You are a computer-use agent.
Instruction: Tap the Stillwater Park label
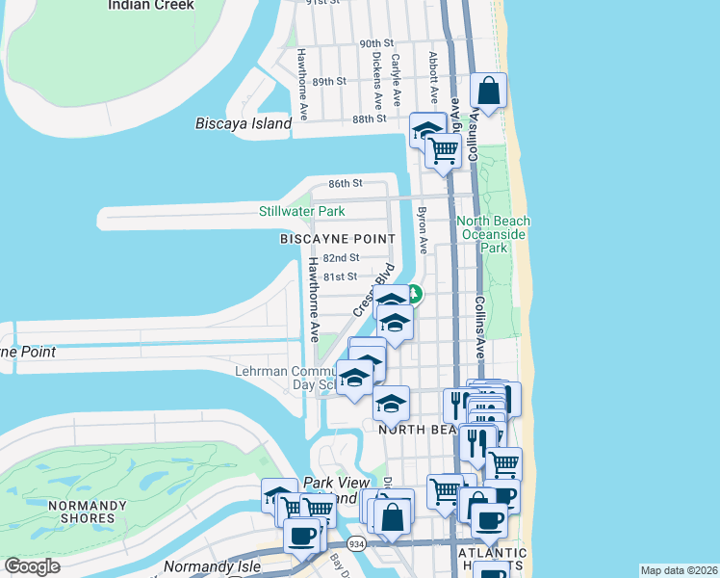pyautogui.click(x=301, y=211)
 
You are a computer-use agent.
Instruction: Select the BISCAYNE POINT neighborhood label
pyautogui.click(x=337, y=238)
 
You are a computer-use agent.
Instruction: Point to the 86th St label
pyautogui.click(x=344, y=183)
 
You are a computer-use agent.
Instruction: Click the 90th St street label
pyautogui.click(x=377, y=44)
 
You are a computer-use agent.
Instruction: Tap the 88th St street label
pyautogui.click(x=369, y=118)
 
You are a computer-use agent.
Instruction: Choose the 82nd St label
pyautogui.click(x=341, y=258)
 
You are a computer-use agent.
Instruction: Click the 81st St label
pyautogui.click(x=340, y=276)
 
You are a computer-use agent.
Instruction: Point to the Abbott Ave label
pyautogui.click(x=434, y=76)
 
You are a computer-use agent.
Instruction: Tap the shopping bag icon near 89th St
pyautogui.click(x=489, y=92)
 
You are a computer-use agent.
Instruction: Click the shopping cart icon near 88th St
pyautogui.click(x=443, y=150)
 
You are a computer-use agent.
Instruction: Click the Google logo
pyautogui.click(x=33, y=566)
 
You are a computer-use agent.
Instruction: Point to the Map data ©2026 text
pyautogui.click(x=678, y=570)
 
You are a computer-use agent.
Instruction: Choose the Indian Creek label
pyautogui.click(x=151, y=5)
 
